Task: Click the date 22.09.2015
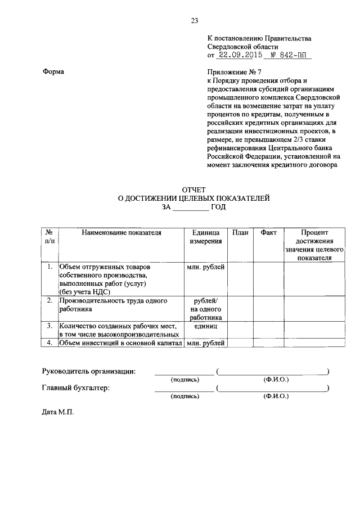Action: coord(239,56)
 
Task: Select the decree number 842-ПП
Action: coord(295,56)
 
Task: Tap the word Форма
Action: coord(53,73)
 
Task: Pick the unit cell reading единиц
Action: coord(205,326)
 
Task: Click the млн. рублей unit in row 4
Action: coord(205,343)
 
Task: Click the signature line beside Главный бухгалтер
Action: coord(184,389)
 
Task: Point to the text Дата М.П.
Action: coord(58,412)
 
